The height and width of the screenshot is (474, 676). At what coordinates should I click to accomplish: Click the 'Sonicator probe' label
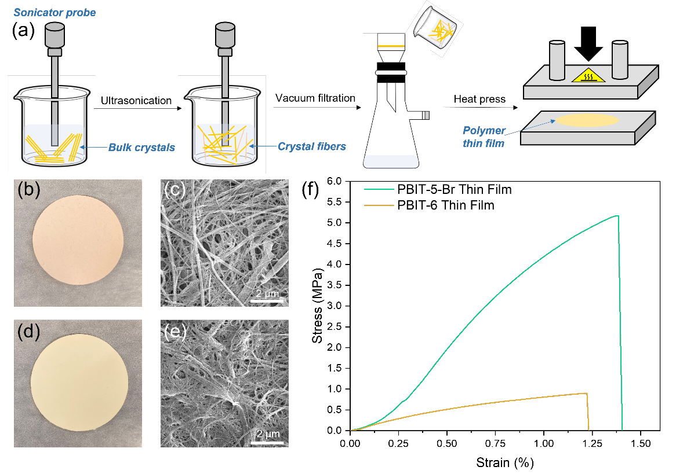click(54, 13)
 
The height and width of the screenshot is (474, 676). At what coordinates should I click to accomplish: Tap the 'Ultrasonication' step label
click(136, 101)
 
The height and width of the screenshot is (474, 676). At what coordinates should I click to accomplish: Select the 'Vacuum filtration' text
click(315, 98)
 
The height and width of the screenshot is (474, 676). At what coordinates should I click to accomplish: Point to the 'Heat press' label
click(479, 99)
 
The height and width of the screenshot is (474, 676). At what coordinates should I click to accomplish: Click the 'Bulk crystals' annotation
click(141, 147)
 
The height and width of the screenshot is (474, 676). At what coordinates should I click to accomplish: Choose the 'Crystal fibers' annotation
click(312, 146)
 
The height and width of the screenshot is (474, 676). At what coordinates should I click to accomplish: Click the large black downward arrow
click(588, 43)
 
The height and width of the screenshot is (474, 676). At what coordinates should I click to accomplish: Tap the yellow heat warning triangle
click(588, 76)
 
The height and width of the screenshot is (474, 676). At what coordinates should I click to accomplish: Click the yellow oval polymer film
click(587, 120)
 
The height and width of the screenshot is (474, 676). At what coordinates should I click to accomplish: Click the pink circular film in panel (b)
click(78, 240)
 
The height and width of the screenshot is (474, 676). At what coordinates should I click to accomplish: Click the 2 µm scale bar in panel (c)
click(267, 301)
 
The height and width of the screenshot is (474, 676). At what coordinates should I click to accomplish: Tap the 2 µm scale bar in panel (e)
click(267, 441)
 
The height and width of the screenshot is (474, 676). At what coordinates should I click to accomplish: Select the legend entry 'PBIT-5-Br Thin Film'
click(438, 189)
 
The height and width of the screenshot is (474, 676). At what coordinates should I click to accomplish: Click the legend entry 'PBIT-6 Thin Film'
click(430, 205)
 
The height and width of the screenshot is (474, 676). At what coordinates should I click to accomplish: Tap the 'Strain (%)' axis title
click(505, 463)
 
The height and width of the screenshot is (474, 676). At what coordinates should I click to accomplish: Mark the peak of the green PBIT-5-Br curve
click(618, 216)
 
